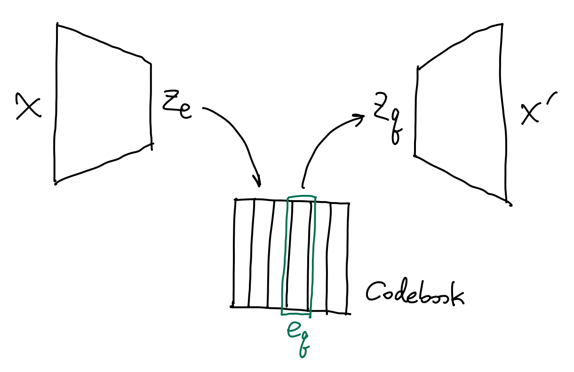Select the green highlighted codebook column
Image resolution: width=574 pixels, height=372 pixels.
pos(298,254)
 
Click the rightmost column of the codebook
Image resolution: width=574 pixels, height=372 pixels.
pos(339,257)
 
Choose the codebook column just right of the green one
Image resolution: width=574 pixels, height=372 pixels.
pos(320,257)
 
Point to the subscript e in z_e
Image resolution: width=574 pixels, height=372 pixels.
pos(184,111)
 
